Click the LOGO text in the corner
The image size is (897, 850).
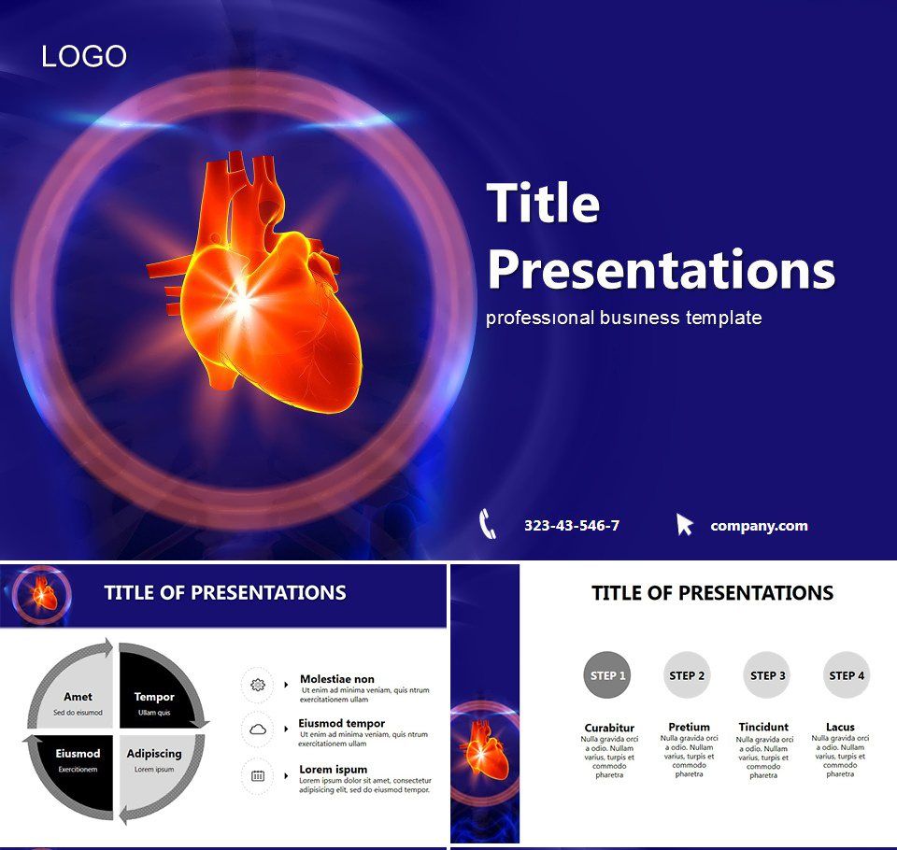(84, 57)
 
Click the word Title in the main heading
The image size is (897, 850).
(543, 203)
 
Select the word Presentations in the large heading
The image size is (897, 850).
(661, 270)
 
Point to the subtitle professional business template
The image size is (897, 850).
(623, 318)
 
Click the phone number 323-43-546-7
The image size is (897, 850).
(572, 526)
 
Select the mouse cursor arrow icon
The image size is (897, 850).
(685, 524)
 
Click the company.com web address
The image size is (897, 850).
(759, 526)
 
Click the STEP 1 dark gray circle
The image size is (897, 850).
(607, 675)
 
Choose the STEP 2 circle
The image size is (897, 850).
(687, 675)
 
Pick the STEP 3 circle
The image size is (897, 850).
(767, 675)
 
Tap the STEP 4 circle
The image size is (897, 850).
(847, 675)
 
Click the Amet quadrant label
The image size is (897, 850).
(78, 697)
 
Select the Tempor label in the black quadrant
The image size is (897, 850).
(154, 697)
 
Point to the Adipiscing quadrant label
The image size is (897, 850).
(154, 754)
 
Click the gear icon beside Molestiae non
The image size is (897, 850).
(258, 685)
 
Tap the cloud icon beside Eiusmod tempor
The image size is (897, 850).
(258, 729)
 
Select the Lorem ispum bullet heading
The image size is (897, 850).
(334, 770)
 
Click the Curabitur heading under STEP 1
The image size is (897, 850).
(609, 728)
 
